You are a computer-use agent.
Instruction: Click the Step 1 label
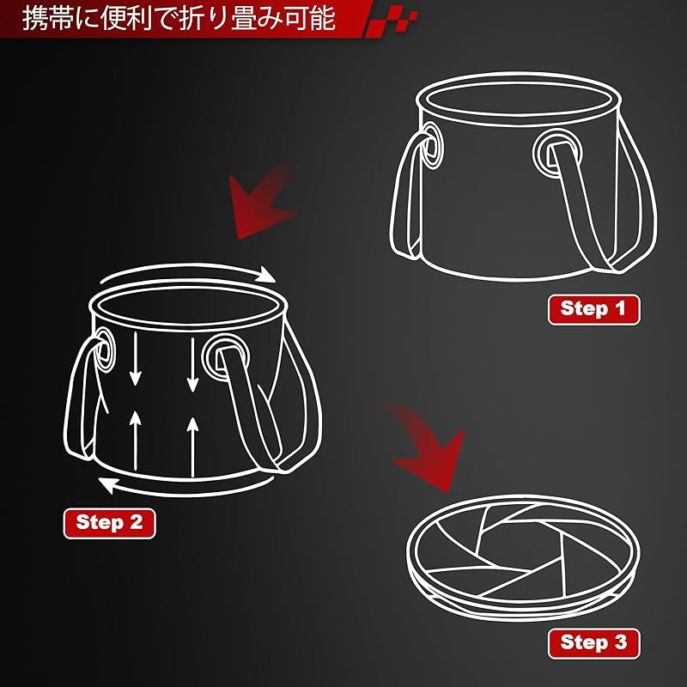coord(593,309)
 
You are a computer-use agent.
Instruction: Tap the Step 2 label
coord(110,523)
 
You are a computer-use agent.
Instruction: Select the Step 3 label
coord(593,643)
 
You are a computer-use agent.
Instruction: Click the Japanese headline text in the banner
coord(179,18)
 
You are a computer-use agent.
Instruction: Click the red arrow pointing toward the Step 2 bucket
coord(263,202)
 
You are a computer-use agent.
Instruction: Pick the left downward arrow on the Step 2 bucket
coord(136,359)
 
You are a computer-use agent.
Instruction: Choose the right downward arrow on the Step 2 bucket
coord(192,364)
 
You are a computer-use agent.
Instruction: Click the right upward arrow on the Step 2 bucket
coord(192,447)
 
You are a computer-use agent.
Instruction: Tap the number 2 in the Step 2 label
coord(136,523)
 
